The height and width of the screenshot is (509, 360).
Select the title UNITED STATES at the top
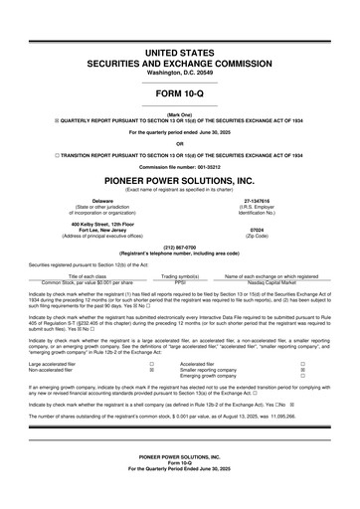[x=179, y=49]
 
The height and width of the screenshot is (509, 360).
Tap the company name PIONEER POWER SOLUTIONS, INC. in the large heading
[x=179, y=180]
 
